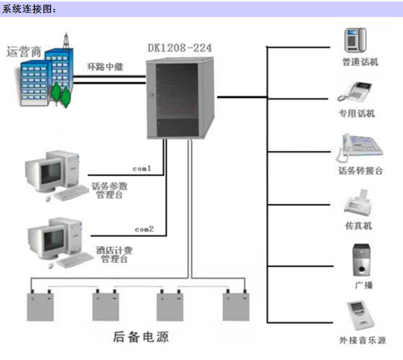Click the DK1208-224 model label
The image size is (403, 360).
coord(179,48)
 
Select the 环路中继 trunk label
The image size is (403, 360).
coord(105,67)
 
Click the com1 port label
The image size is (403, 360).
coord(142,168)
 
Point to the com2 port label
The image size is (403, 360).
coord(144,229)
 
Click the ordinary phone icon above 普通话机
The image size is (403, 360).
coord(355,40)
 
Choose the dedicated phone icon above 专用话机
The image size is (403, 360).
coord(355,92)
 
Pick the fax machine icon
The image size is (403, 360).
coord(358,202)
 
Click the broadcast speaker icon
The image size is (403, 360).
coord(362,260)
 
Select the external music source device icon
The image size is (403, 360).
coord(361,315)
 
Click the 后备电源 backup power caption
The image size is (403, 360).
coord(141,337)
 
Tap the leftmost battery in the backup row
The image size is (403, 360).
coord(40,305)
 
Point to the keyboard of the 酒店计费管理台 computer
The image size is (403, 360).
coord(75,260)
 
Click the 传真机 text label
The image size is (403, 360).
coord(358,226)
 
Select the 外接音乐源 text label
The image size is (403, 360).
coord(363,340)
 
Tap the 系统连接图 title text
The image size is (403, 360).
coord(29,9)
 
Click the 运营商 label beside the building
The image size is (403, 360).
coord(24,52)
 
